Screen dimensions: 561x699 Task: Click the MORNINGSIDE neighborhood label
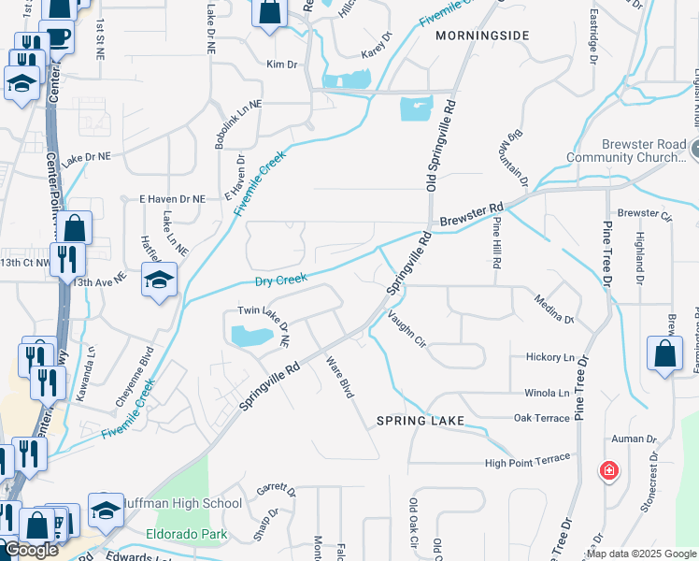[482, 36]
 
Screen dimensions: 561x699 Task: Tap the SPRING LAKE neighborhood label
[421, 422]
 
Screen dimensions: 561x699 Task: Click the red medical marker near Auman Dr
[609, 469]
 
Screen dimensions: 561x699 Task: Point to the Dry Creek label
[281, 280]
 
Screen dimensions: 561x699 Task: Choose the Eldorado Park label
[187, 536]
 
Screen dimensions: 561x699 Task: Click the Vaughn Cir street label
[407, 329]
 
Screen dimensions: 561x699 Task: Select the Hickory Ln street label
[550, 358]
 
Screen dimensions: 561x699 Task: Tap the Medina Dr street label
[554, 309]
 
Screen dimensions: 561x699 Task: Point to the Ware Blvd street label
[339, 377]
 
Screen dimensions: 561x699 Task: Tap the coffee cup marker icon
[58, 37]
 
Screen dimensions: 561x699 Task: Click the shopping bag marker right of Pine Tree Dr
[664, 354]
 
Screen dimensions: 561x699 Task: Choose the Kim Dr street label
[281, 65]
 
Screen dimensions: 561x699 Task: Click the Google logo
[31, 551]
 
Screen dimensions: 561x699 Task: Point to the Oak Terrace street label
[541, 418]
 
